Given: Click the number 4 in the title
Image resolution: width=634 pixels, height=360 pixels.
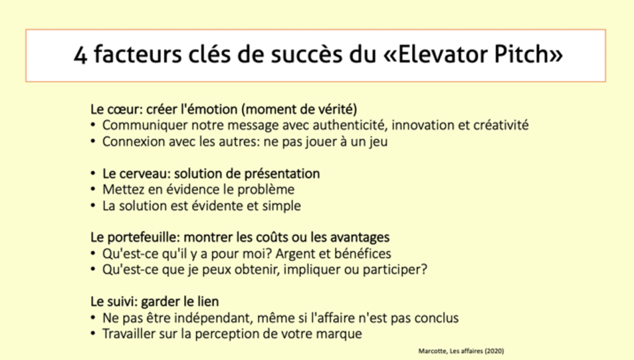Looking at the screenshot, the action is [x=80, y=55].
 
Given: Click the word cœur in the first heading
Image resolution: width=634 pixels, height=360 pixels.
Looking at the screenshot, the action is [x=121, y=109].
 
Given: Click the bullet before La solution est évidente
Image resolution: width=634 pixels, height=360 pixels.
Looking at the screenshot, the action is [x=93, y=206].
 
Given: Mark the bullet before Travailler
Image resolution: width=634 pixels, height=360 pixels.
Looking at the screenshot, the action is [x=93, y=334].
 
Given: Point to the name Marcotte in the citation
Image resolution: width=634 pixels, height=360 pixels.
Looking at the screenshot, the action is [x=433, y=351].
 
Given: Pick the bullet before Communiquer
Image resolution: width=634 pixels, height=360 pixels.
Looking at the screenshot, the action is [x=93, y=125].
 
